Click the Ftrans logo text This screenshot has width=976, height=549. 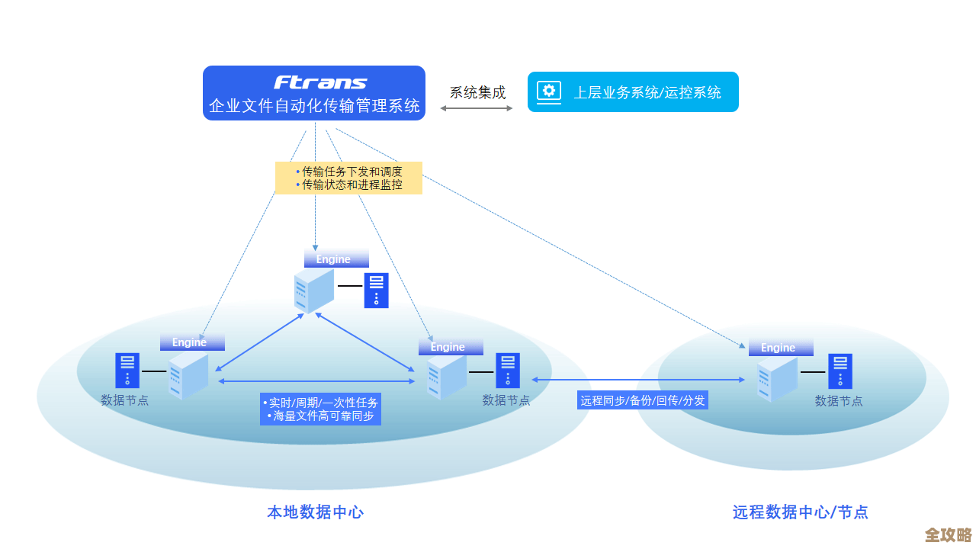pos(320,82)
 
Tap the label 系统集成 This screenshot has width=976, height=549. pos(477,93)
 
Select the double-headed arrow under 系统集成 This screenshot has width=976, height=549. pos(477,108)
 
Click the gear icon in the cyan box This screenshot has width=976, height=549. pos(548,91)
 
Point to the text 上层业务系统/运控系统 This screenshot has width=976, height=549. pos(647,92)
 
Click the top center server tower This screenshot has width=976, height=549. pos(314,291)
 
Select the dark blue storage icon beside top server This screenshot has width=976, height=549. pos(376,291)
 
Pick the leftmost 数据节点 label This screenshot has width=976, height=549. pos(125,400)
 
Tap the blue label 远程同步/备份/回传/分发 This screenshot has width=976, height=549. pos(642,400)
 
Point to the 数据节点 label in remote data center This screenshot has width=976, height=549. pos(839,401)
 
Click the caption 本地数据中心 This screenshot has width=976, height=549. pos(315,512)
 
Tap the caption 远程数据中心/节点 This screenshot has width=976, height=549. pos(800,512)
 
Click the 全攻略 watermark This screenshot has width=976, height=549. pos(948,535)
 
